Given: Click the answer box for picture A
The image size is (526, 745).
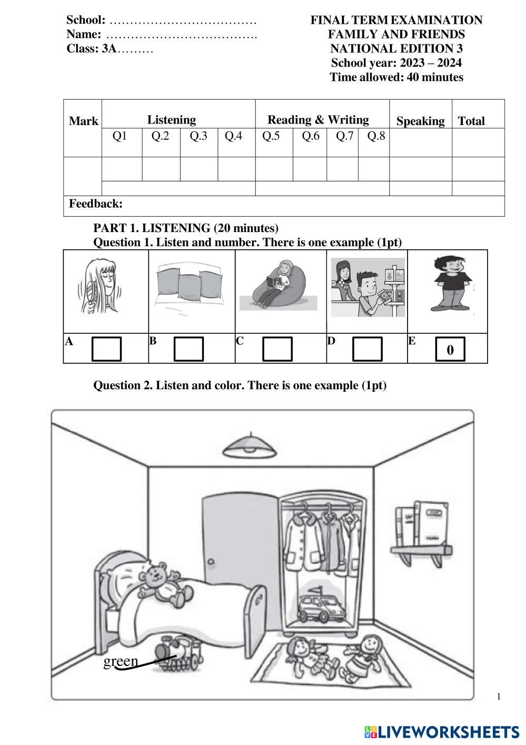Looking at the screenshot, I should pos(106,349).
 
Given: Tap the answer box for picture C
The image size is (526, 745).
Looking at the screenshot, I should pos(277,349).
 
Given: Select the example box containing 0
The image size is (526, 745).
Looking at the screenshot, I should pos(450,349).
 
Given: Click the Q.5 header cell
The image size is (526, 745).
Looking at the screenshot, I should pos(271,136).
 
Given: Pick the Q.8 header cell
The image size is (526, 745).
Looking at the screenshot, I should pos(376,136).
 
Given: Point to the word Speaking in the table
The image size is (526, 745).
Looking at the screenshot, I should pos(420,121).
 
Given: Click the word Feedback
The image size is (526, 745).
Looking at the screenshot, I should pos(95,204).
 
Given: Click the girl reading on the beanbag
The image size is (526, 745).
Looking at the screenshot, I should pos(276,285).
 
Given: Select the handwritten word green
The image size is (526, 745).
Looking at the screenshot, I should pos(121,661).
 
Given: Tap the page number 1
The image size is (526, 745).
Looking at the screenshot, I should pos(499,696).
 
